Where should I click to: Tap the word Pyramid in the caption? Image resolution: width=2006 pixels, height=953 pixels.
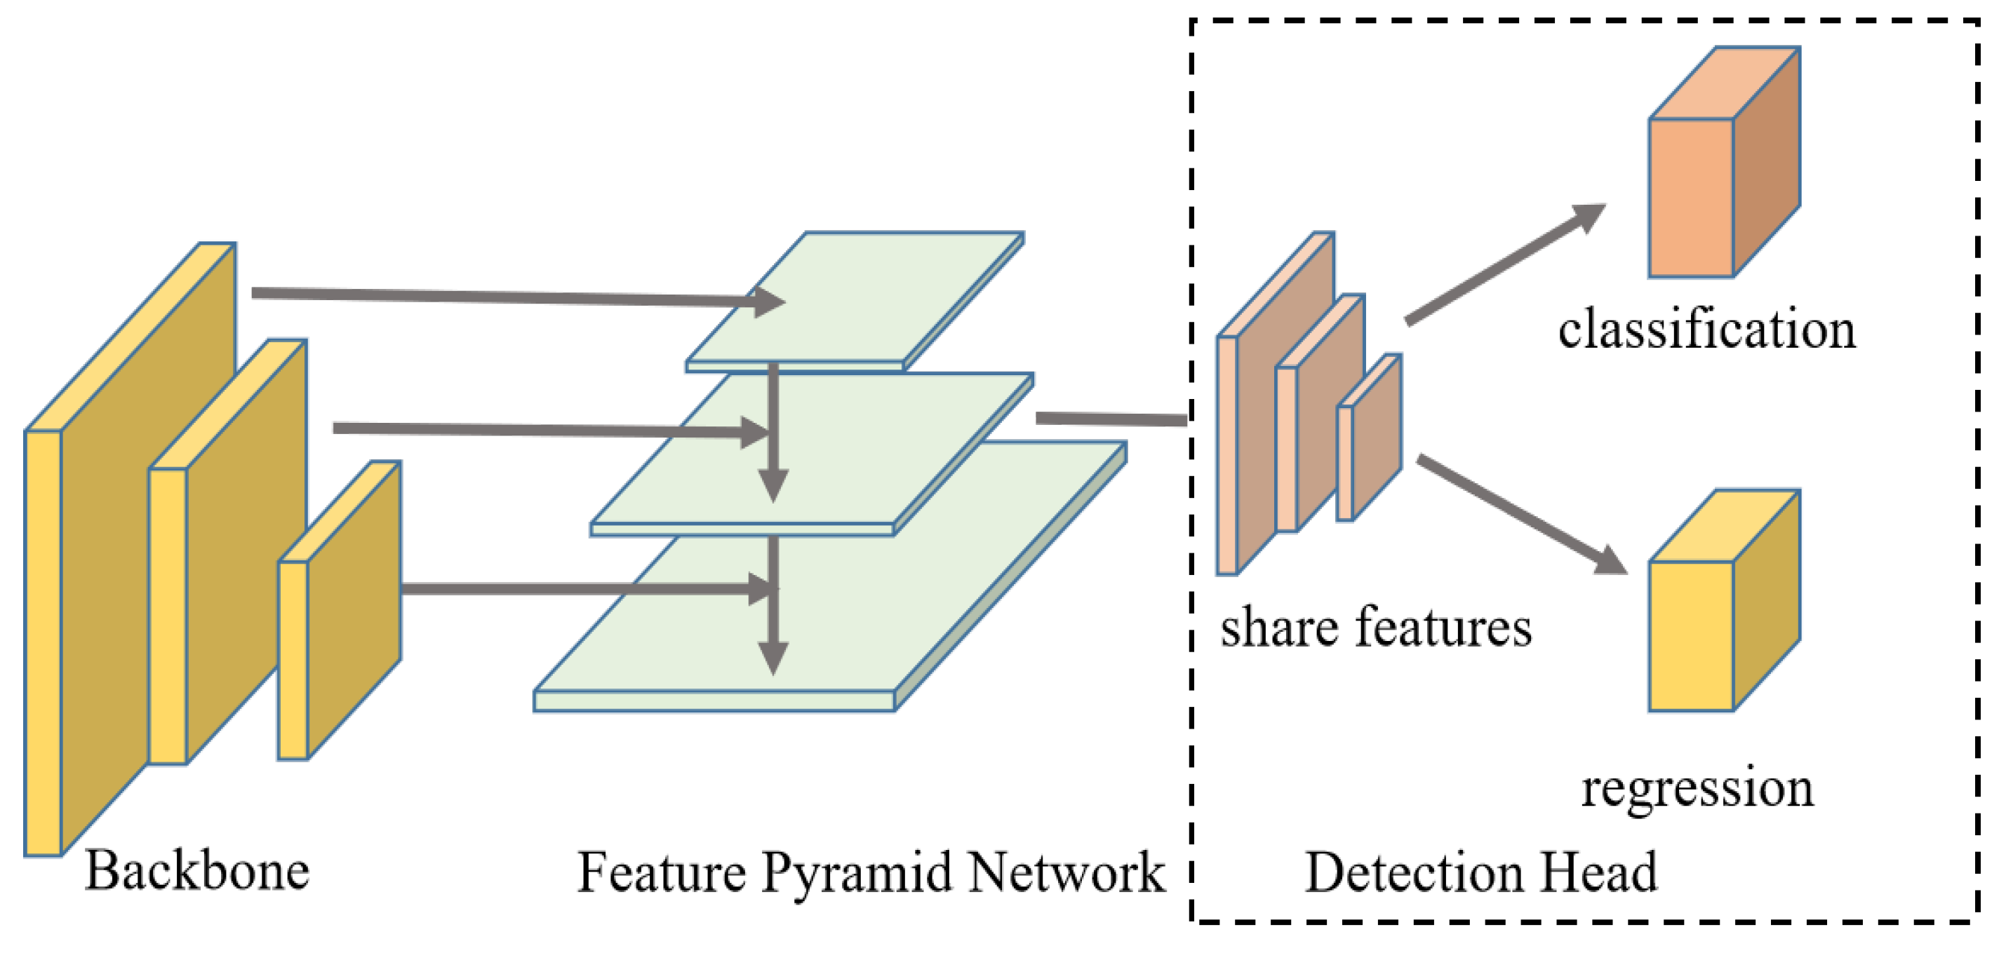(x=857, y=874)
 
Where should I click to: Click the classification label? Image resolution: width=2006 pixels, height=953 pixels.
(x=1707, y=330)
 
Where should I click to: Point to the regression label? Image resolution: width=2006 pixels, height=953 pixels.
(x=1697, y=788)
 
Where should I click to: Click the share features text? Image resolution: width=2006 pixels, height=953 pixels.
(x=1376, y=628)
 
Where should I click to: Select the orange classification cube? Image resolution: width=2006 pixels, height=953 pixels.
(x=1713, y=179)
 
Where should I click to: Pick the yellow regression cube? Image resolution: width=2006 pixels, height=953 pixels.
(x=1713, y=615)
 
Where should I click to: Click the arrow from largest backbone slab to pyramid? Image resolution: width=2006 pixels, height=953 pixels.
(x=506, y=296)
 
